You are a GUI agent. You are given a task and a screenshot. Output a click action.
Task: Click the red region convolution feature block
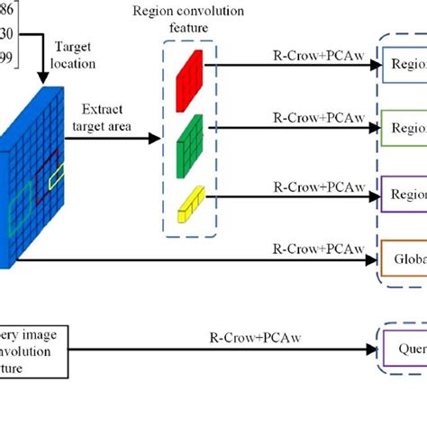[189, 70]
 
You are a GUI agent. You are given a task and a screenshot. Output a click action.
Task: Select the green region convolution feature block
[189, 137]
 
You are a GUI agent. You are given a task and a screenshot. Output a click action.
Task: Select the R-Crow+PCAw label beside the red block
[307, 53]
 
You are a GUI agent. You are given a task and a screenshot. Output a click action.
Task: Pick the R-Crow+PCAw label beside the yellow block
[307, 184]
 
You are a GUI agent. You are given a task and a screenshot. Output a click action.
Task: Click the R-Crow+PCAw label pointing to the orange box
[307, 244]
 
